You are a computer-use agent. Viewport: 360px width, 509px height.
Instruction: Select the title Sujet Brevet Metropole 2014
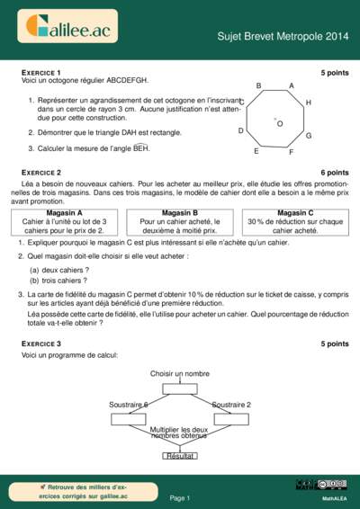282,36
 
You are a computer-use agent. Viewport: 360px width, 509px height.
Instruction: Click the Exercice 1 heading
41,72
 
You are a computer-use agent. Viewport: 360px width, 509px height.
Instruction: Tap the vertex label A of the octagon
291,85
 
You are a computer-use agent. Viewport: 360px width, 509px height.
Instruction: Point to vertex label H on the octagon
309,103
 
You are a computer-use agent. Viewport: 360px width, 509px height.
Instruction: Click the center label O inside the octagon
280,123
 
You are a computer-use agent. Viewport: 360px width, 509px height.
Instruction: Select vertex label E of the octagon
256,151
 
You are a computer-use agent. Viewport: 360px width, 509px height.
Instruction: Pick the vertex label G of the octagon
309,136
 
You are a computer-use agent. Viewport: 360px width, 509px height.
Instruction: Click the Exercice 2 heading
41,172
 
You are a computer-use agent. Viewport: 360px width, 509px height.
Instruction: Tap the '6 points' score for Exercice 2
334,172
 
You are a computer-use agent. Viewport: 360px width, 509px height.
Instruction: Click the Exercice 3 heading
41,344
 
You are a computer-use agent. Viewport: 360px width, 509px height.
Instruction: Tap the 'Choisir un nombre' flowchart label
180,373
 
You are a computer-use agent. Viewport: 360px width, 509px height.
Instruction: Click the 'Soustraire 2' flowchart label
231,405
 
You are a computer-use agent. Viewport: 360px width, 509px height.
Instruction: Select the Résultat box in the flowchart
180,456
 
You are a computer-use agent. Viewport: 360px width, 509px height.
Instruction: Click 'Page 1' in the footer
180,497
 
